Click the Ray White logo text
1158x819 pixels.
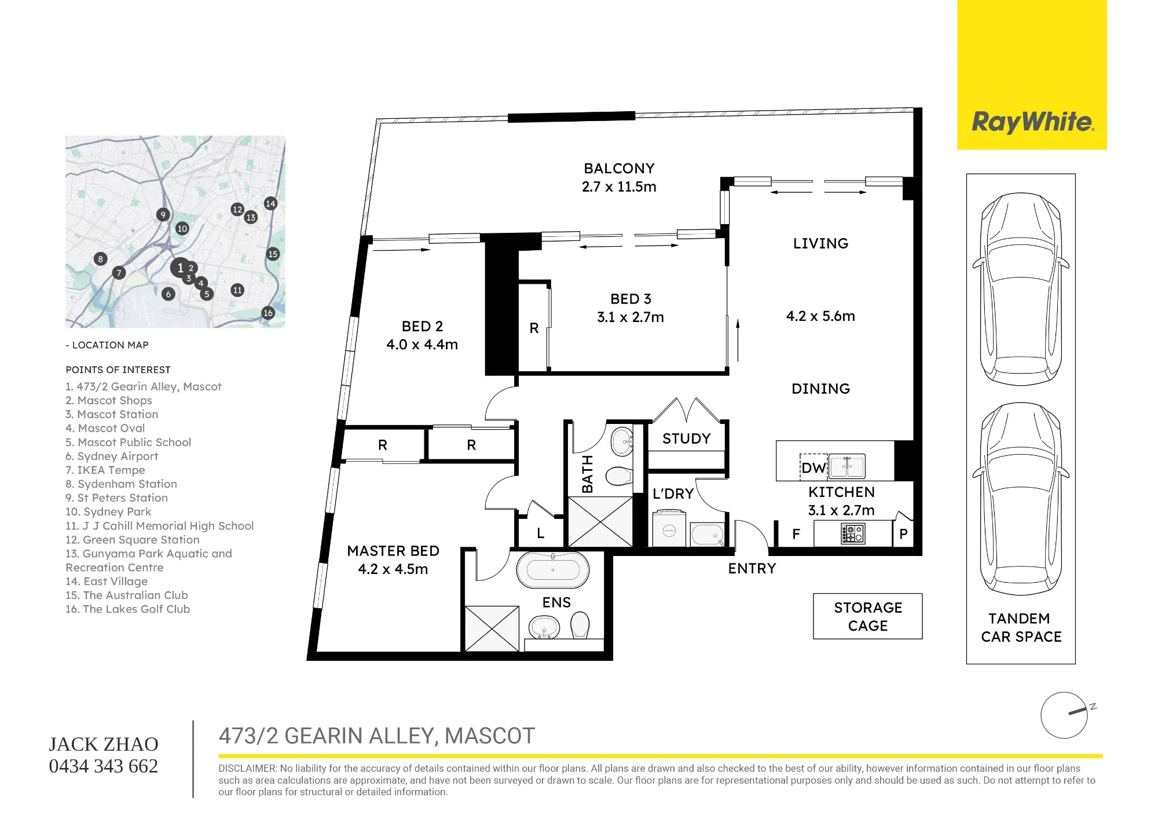click(1032, 123)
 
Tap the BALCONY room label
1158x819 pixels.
click(619, 169)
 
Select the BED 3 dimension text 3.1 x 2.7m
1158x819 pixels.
click(631, 317)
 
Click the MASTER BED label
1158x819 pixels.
click(393, 551)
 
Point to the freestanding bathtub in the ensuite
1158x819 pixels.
click(552, 571)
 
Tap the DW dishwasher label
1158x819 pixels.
click(813, 468)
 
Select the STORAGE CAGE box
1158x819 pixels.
click(867, 616)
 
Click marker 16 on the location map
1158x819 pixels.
click(267, 313)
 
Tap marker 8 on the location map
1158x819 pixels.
click(100, 259)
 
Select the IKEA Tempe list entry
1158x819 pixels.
click(105, 470)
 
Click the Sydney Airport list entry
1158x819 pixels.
click(112, 456)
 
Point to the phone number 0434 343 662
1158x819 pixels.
click(104, 766)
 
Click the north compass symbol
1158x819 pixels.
click(1065, 715)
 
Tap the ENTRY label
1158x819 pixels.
click(752, 569)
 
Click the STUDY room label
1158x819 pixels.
click(687, 439)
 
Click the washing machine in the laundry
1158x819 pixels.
click(669, 528)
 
